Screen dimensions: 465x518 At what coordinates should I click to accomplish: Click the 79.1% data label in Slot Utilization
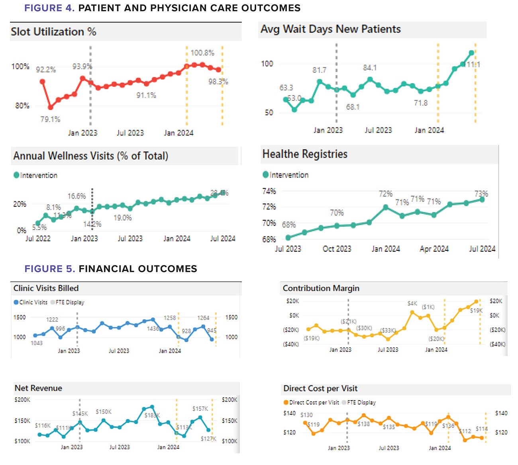point(50,119)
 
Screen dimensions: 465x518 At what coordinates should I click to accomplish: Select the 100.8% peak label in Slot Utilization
point(202,53)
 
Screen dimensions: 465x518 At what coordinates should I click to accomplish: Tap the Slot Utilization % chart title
point(53,32)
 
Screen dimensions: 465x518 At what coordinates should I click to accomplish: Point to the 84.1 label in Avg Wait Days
point(369,68)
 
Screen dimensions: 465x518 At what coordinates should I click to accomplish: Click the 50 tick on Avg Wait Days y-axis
point(269,113)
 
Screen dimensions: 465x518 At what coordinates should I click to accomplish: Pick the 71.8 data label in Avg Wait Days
point(420,103)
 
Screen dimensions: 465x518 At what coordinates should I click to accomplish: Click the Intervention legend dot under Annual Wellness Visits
point(16,175)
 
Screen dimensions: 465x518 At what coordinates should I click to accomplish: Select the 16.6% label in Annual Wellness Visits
point(77,196)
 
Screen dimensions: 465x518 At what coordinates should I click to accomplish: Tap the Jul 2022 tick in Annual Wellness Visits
point(38,238)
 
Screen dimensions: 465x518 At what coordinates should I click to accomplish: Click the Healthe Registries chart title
point(305,154)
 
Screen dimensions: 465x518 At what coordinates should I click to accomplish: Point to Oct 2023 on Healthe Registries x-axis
point(337,249)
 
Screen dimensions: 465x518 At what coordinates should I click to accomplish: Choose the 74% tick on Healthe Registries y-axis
point(269,191)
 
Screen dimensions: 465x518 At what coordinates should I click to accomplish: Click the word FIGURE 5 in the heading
point(49,269)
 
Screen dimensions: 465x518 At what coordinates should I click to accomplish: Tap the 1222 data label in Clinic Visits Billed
point(52,319)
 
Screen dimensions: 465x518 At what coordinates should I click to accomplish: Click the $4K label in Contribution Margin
point(412,303)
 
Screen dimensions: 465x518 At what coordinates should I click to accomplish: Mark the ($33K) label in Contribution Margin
point(388,330)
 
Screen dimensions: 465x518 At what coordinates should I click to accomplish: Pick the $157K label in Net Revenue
point(200,408)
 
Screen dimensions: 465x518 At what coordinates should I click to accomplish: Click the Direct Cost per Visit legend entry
point(311,402)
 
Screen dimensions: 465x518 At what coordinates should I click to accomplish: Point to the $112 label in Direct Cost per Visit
point(465,431)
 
